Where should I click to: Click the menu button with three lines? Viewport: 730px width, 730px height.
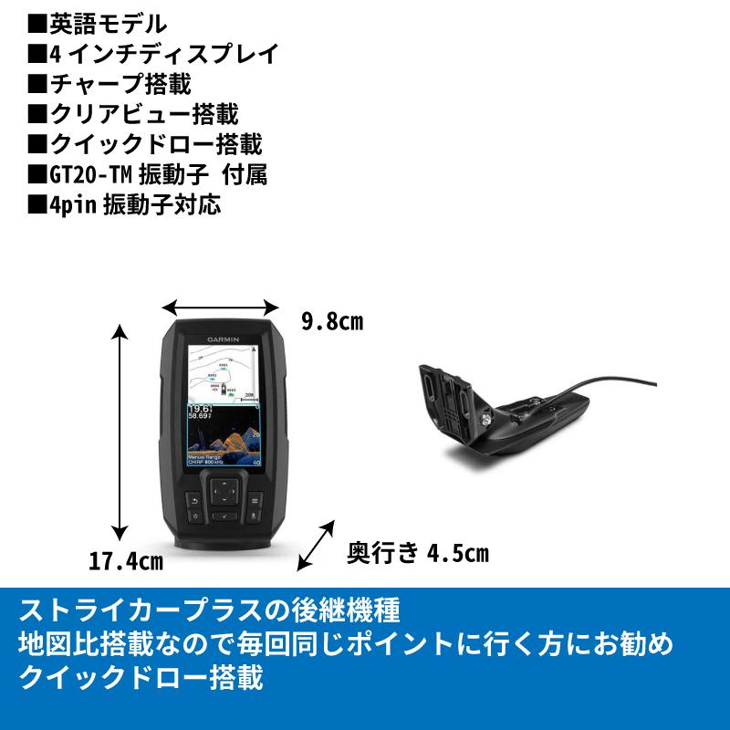pos(253,499)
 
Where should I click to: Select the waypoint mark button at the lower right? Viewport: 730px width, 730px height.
pos(253,517)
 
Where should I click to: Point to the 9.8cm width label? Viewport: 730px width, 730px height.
pos(332,321)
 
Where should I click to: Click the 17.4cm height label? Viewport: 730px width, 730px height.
pos(126,562)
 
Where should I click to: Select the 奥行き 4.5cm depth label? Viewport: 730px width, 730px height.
pos(417,553)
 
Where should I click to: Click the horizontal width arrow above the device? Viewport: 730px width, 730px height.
pos(220,307)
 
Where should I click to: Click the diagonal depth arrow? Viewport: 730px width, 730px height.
pos(316,546)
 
